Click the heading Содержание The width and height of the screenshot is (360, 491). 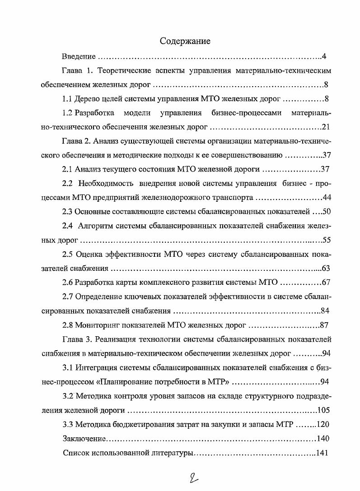coord(185,42)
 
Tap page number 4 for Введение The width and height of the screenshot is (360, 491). coord(324,57)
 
